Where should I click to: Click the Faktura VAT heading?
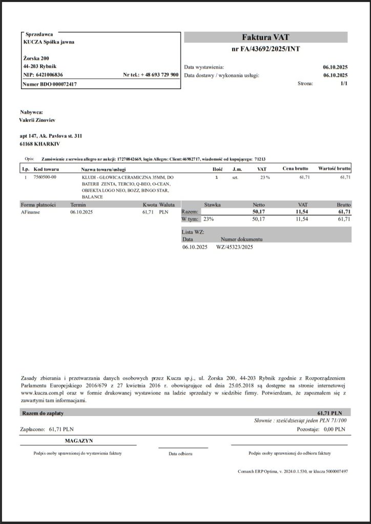pyautogui.click(x=265, y=37)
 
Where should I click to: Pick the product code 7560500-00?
pyautogui.click(x=45, y=177)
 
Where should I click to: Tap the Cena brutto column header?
pyautogui.click(x=295, y=168)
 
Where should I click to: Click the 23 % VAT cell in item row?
pyautogui.click(x=264, y=177)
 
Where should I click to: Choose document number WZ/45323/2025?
pyautogui.click(x=235, y=247)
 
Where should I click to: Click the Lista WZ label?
pyautogui.click(x=193, y=232)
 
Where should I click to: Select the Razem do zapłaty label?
pyautogui.click(x=43, y=412)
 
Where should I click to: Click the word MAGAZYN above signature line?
pyautogui.click(x=79, y=440)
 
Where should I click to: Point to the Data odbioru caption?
pyautogui.click(x=181, y=454)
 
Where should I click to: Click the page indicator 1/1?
pyautogui.click(x=343, y=83)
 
